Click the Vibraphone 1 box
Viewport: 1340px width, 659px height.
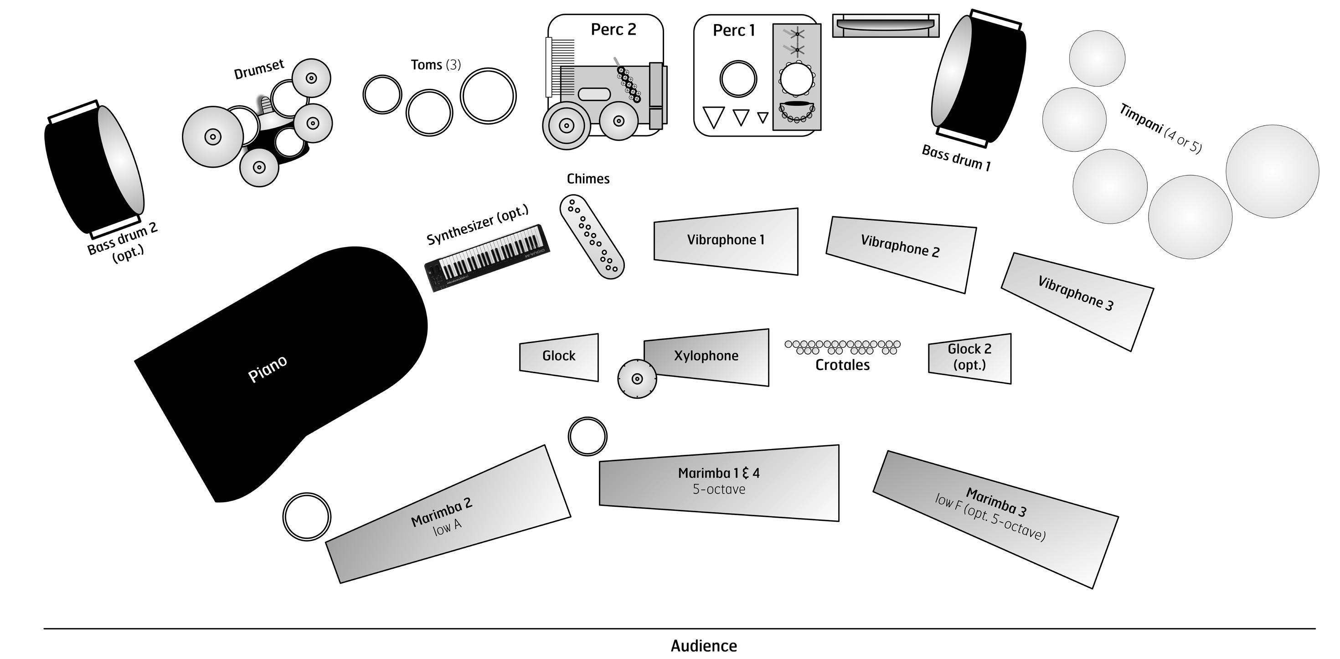[726, 241]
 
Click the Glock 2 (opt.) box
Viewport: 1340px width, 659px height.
[969, 358]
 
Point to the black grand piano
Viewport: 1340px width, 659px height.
[281, 364]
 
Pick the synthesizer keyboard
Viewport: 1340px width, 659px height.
[487, 257]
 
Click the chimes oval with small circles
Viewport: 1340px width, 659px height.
[592, 237]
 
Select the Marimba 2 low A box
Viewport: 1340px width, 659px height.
[448, 515]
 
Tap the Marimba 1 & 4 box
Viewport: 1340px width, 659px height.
[719, 483]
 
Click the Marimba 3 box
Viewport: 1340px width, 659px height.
[995, 519]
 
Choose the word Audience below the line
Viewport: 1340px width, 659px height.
[704, 646]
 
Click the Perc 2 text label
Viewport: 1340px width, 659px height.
[613, 30]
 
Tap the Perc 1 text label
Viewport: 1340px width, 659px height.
[733, 31]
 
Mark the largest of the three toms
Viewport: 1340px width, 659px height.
[488, 96]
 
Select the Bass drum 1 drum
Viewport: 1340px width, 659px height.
[978, 78]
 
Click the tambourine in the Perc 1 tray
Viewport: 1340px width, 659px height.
[796, 78]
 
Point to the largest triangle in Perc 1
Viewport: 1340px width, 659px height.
[713, 117]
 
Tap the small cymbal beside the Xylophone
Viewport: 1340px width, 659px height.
[637, 379]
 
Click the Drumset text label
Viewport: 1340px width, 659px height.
[259, 69]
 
